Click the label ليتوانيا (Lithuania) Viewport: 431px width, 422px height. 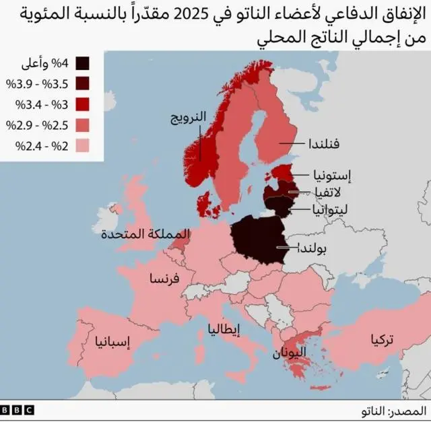[x=331, y=209]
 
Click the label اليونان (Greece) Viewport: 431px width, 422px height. [x=290, y=351]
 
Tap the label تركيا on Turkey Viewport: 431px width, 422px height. [x=382, y=340]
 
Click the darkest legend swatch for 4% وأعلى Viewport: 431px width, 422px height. [x=84, y=64]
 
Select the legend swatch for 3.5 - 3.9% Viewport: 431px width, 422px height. [x=84, y=84]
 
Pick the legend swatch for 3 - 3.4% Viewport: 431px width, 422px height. [x=84, y=104]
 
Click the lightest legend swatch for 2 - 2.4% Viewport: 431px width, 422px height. [x=84, y=145]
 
